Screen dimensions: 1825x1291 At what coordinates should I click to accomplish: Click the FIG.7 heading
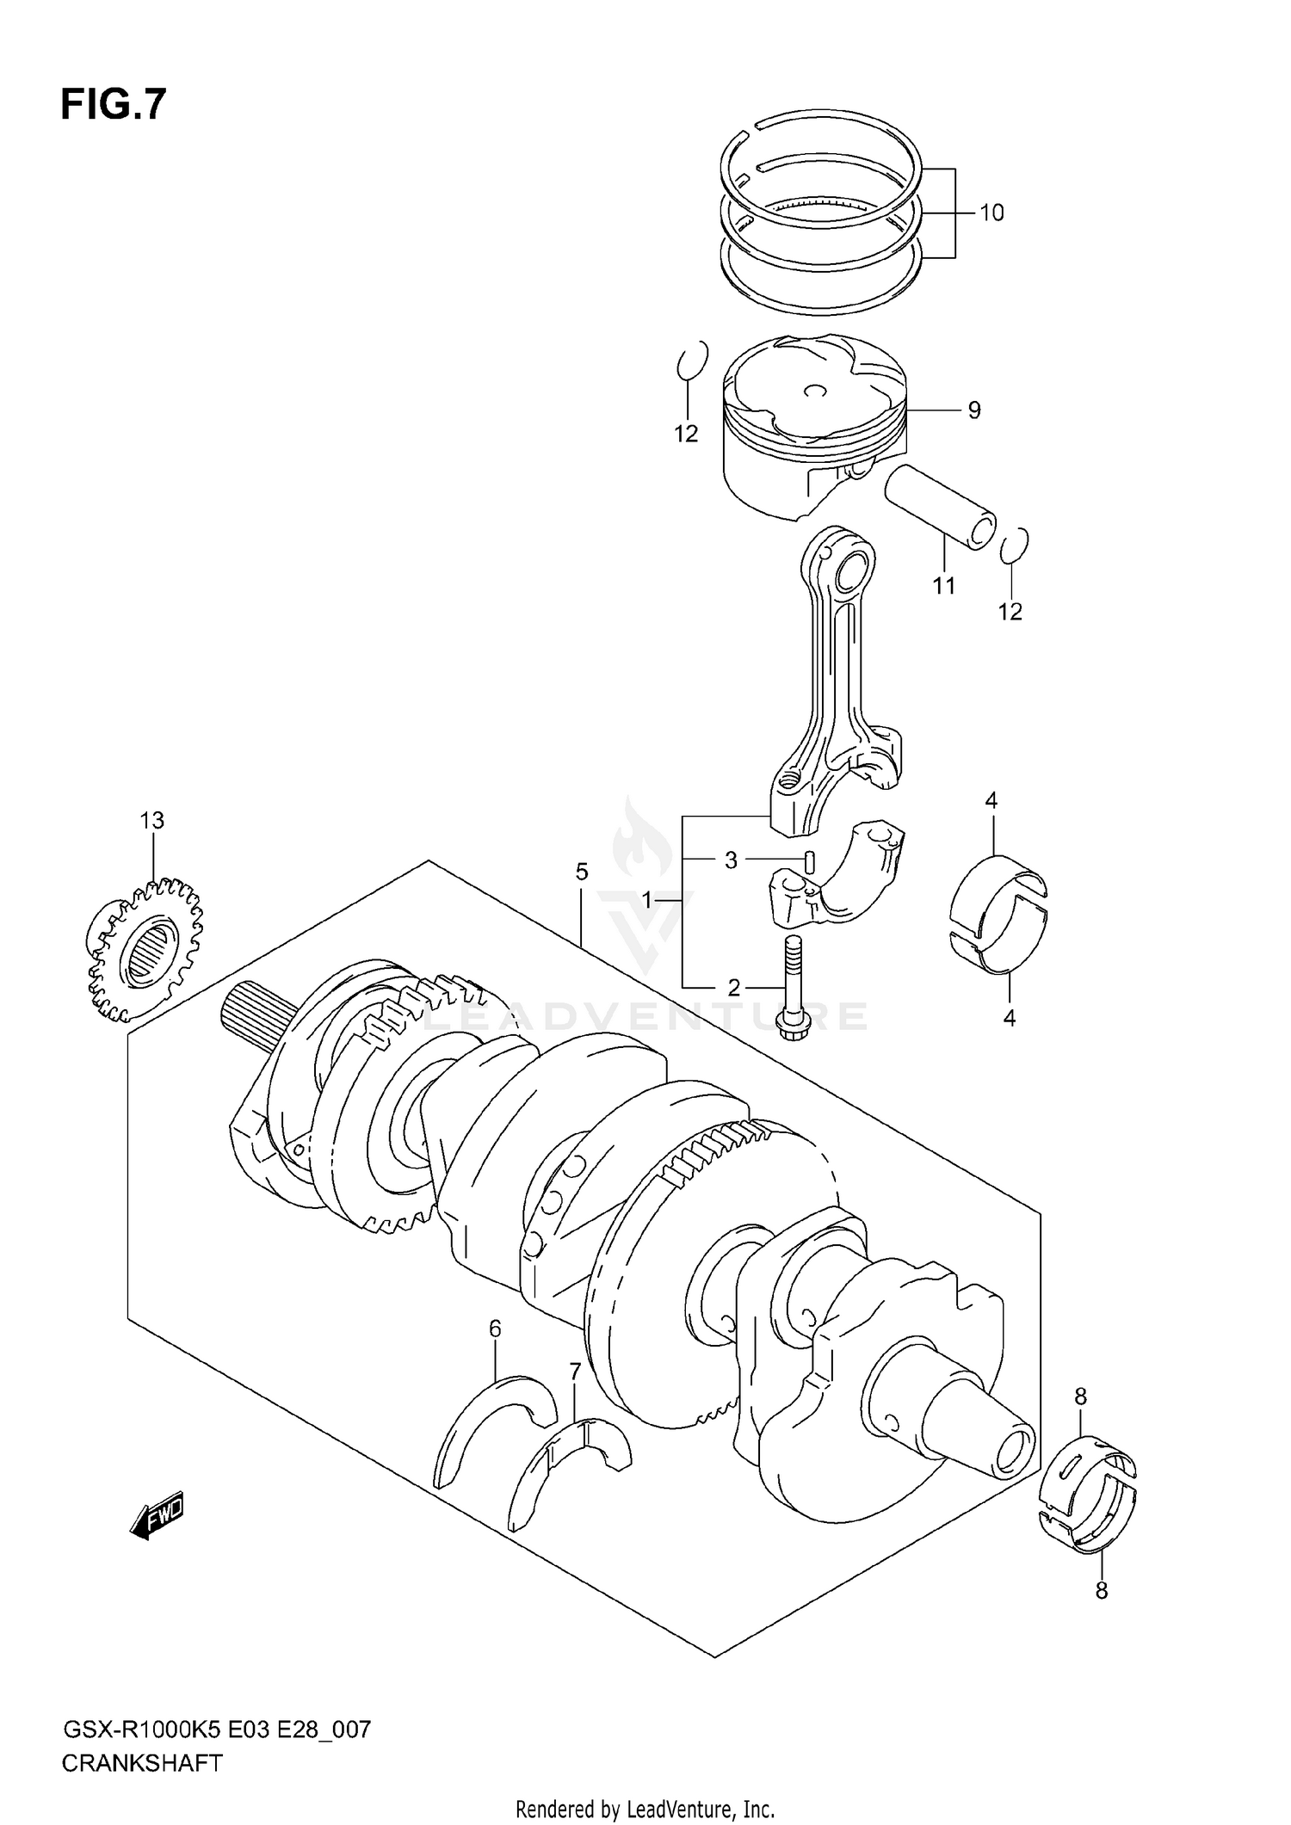point(113,106)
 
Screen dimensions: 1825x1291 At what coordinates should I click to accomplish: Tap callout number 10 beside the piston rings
point(991,213)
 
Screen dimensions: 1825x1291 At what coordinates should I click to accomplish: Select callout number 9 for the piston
point(973,410)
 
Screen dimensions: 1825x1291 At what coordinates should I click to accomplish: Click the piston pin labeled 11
point(940,508)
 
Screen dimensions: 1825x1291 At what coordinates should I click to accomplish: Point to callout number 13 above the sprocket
point(152,821)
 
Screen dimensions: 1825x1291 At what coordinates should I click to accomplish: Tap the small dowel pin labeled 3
point(809,860)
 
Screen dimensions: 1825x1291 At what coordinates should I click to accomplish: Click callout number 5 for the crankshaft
point(582,872)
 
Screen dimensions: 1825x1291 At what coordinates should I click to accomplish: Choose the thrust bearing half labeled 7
point(568,1473)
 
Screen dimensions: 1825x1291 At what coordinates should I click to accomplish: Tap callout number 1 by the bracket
point(647,901)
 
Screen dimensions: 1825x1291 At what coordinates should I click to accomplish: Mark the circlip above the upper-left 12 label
point(691,360)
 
